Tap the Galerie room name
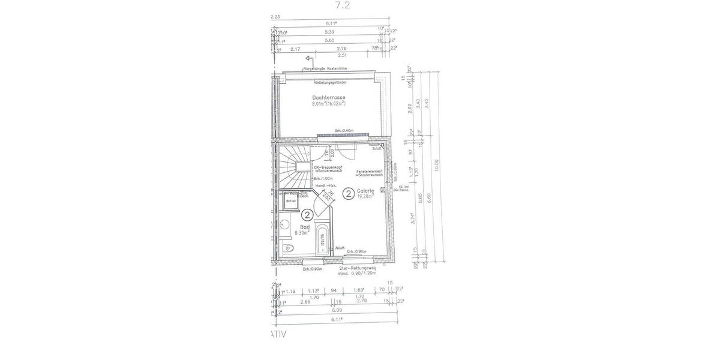366,190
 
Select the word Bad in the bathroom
305,227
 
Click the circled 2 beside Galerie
347,193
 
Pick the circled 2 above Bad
307,214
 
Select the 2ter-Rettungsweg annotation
358,269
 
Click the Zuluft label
376,148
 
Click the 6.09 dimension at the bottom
335,310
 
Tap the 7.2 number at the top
342,5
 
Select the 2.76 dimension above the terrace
342,48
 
